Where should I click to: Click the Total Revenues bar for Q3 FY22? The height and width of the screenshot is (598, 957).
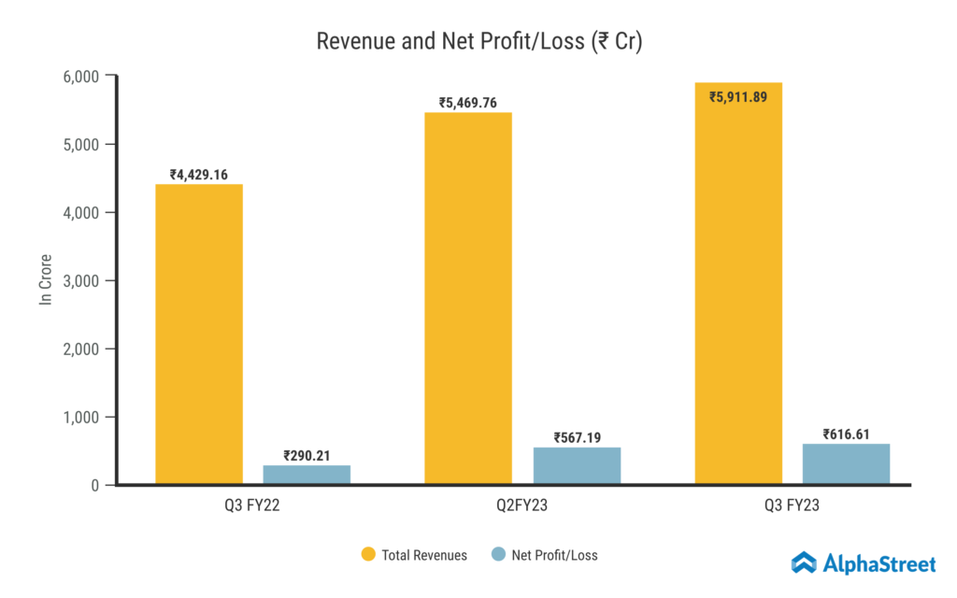(x=199, y=335)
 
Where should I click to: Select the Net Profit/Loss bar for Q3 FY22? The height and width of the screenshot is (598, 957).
(x=307, y=475)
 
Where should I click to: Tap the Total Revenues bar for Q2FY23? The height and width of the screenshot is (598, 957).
(x=468, y=299)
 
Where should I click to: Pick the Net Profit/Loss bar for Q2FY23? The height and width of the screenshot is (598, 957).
(x=577, y=465)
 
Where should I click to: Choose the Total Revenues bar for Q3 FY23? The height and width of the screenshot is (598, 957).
(x=738, y=283)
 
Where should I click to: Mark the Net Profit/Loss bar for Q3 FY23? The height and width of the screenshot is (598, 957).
(x=846, y=463)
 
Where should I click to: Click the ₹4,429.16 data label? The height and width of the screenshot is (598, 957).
(x=199, y=174)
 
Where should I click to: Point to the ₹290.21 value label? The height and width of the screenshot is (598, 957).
(x=307, y=455)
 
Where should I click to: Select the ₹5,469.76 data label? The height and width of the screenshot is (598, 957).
(x=468, y=103)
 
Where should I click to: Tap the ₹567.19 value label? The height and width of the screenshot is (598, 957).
(x=577, y=436)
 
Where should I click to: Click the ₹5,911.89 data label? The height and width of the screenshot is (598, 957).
(x=738, y=95)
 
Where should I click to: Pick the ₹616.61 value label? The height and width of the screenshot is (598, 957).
(x=846, y=434)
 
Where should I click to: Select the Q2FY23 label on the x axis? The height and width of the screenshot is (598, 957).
(x=522, y=505)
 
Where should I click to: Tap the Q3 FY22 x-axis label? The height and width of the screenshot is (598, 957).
(x=253, y=505)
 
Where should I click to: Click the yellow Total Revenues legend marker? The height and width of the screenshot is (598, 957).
(x=368, y=555)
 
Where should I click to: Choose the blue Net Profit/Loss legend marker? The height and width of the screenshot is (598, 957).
(x=498, y=555)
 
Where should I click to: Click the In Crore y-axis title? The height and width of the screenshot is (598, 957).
(x=45, y=279)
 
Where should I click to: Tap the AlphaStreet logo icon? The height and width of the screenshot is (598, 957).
(x=805, y=562)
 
